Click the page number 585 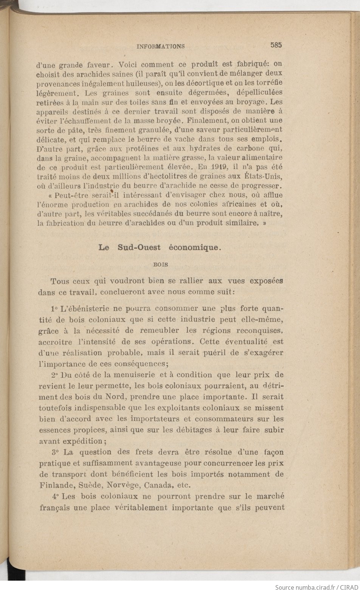click(x=276, y=45)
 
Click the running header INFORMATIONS click(x=161, y=46)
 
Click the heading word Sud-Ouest click(x=139, y=248)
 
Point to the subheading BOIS click(x=161, y=265)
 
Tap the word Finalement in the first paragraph click(x=225, y=121)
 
